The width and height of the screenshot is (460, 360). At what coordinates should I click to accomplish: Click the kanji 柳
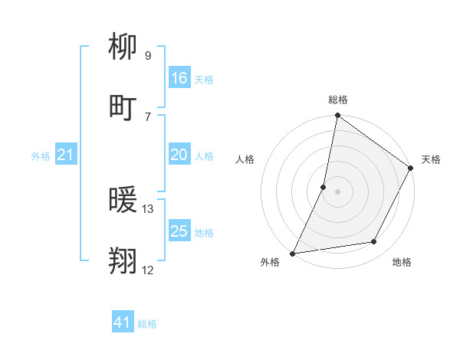pos(123,47)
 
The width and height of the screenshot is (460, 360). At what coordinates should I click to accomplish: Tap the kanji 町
pos(123,108)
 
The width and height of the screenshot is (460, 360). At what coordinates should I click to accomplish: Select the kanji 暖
pos(123,201)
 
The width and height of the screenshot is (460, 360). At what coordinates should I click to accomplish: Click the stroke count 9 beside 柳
pos(147,55)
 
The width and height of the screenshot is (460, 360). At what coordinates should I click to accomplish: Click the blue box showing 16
pos(179,78)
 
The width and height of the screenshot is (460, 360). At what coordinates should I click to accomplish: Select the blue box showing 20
pos(179,155)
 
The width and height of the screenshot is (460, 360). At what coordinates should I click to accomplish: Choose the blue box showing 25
pos(179,231)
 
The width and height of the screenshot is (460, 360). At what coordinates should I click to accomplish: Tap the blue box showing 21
pos(65,155)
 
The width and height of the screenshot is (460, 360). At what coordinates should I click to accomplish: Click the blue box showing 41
pos(122,323)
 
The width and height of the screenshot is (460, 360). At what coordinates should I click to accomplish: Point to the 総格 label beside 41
pos(147,324)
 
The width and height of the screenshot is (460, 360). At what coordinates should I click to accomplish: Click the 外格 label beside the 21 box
pos(41,156)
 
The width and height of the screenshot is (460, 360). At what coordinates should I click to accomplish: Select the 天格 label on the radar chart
pos(431,159)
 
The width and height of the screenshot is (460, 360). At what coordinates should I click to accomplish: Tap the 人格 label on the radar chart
pos(245,159)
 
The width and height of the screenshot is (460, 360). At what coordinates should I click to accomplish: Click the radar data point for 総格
pos(337,116)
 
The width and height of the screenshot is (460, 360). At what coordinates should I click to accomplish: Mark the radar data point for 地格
pos(374,242)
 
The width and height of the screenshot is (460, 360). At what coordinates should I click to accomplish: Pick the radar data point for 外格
pos(292,254)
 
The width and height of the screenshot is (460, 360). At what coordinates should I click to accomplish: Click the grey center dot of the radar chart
pos(337,191)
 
